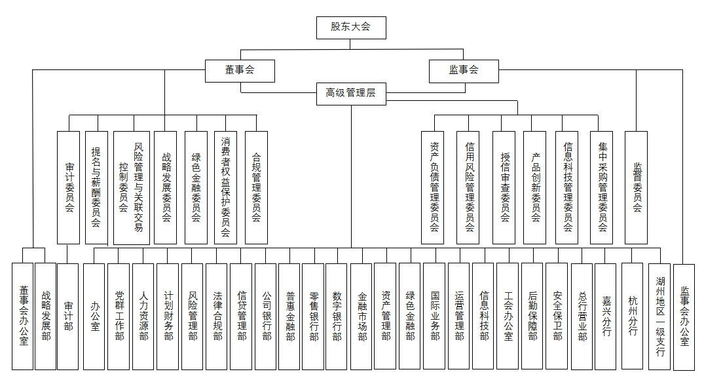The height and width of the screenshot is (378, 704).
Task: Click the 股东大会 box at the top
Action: point(351,28)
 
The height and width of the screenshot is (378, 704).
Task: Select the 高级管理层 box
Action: point(351,94)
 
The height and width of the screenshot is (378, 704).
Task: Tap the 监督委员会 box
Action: point(636,187)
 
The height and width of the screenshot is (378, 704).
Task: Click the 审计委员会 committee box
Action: point(68,187)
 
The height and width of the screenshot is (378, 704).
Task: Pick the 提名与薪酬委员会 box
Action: point(96,187)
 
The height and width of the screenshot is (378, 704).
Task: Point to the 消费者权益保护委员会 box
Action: point(225,187)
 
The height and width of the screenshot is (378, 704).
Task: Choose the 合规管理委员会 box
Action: point(256,187)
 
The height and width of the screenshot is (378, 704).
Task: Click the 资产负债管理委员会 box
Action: point(432,187)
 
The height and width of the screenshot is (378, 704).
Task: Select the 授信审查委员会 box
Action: point(504,187)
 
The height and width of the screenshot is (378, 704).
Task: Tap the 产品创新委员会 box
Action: point(535,187)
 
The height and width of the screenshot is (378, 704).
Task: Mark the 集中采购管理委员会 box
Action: point(602,187)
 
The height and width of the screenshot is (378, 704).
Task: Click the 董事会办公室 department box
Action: point(22,316)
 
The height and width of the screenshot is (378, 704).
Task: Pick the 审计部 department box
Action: point(68,316)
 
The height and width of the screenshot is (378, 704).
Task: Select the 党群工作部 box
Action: point(119,316)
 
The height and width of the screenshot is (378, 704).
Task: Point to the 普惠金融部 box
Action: point(289,316)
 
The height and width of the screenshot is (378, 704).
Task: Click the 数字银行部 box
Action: point(337,316)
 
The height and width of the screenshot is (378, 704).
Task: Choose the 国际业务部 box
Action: point(434,316)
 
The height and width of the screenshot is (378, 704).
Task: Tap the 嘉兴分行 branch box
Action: point(606,316)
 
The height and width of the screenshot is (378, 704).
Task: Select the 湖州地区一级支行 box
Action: point(659,316)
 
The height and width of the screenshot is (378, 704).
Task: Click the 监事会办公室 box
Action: point(684,316)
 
